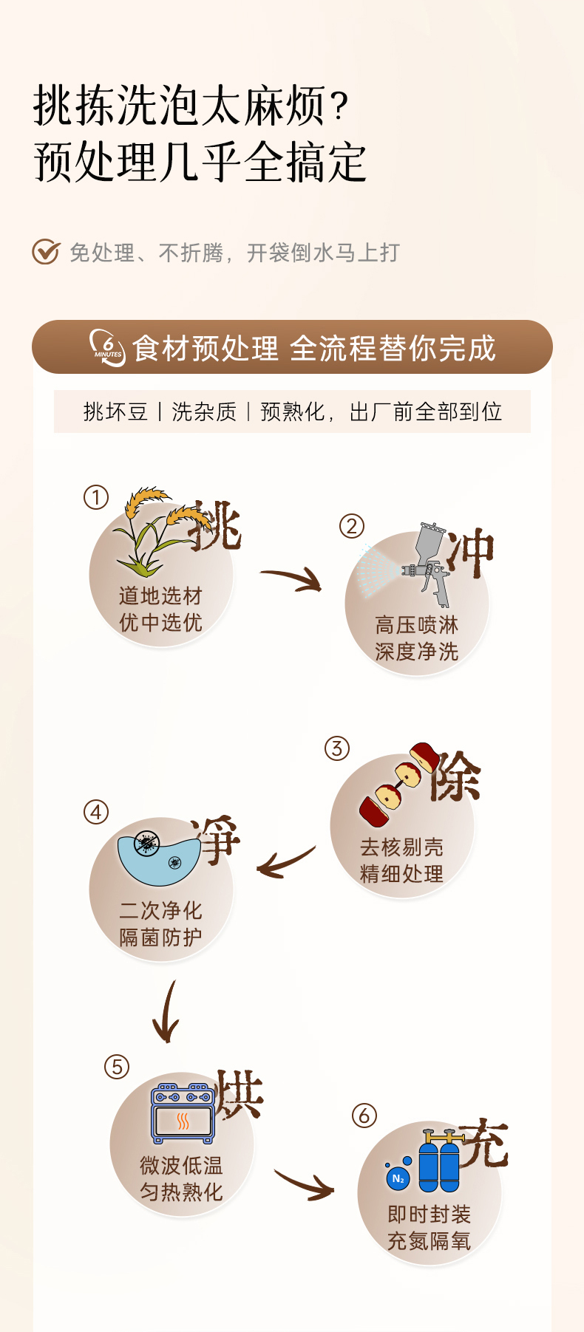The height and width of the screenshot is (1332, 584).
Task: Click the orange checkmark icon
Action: [45, 252]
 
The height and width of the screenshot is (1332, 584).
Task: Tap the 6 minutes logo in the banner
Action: [108, 347]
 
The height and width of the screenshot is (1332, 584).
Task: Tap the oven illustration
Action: [183, 1113]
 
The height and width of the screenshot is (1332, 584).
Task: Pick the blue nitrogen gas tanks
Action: [439, 1161]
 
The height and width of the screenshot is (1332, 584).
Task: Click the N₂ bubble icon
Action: [398, 1178]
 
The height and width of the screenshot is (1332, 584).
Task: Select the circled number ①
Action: [96, 497]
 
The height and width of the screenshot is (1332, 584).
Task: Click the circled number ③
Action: [337, 748]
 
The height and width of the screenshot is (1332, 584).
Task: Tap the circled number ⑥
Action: [364, 1116]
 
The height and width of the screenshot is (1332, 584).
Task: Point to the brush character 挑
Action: [215, 526]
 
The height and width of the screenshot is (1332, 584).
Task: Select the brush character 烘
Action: [239, 1093]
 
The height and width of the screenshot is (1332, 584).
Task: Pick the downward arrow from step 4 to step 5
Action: [166, 1012]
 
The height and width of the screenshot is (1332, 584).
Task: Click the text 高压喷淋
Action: [416, 625]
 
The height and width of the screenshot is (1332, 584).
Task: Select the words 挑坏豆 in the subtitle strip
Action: [115, 411]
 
